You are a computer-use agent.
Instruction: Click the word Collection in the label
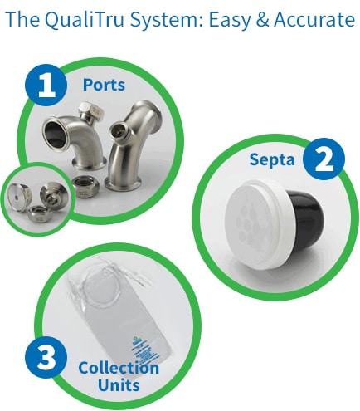coord(118,367)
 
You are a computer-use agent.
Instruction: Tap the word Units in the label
coord(118,385)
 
